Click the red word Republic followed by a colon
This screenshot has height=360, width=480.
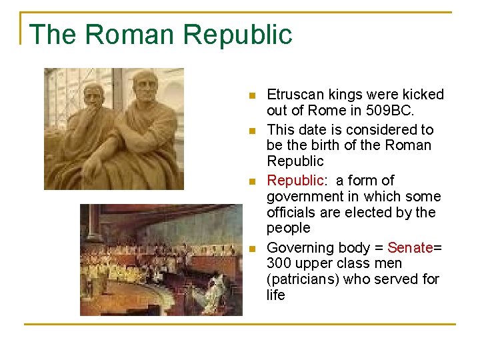[295, 181]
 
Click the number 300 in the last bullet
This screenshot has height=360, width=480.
[279, 263]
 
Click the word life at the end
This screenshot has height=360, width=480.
[275, 295]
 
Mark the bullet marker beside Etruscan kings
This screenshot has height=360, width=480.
[251, 95]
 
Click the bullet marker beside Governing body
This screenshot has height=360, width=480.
[251, 249]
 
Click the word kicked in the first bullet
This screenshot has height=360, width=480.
[424, 95]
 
